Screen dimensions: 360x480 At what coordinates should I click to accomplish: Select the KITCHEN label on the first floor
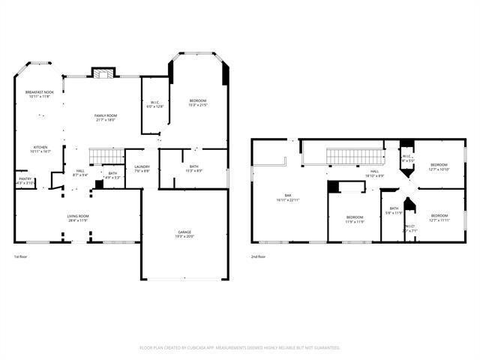tap(40, 148)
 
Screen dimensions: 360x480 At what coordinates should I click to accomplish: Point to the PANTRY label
tap(25, 181)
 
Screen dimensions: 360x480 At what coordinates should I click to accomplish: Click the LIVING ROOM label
tap(78, 218)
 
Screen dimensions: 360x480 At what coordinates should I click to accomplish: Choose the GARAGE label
tap(184, 234)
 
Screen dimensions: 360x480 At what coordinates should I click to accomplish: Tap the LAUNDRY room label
tap(142, 169)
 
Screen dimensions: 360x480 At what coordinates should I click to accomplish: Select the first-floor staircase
tap(106, 155)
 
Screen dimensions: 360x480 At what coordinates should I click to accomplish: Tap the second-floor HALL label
tap(375, 173)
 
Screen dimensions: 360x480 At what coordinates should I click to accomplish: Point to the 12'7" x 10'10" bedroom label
tap(439, 166)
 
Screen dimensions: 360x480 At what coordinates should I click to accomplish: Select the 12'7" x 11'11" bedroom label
tap(439, 217)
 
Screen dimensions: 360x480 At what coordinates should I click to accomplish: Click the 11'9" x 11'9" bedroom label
tap(355, 220)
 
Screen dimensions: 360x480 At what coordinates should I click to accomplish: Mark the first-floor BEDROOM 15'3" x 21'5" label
tap(198, 103)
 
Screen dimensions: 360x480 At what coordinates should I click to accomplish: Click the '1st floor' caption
tap(22, 257)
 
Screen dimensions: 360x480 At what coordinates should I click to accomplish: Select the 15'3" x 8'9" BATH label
tap(193, 169)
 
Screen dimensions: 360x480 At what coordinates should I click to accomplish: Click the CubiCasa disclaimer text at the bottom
tap(240, 347)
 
